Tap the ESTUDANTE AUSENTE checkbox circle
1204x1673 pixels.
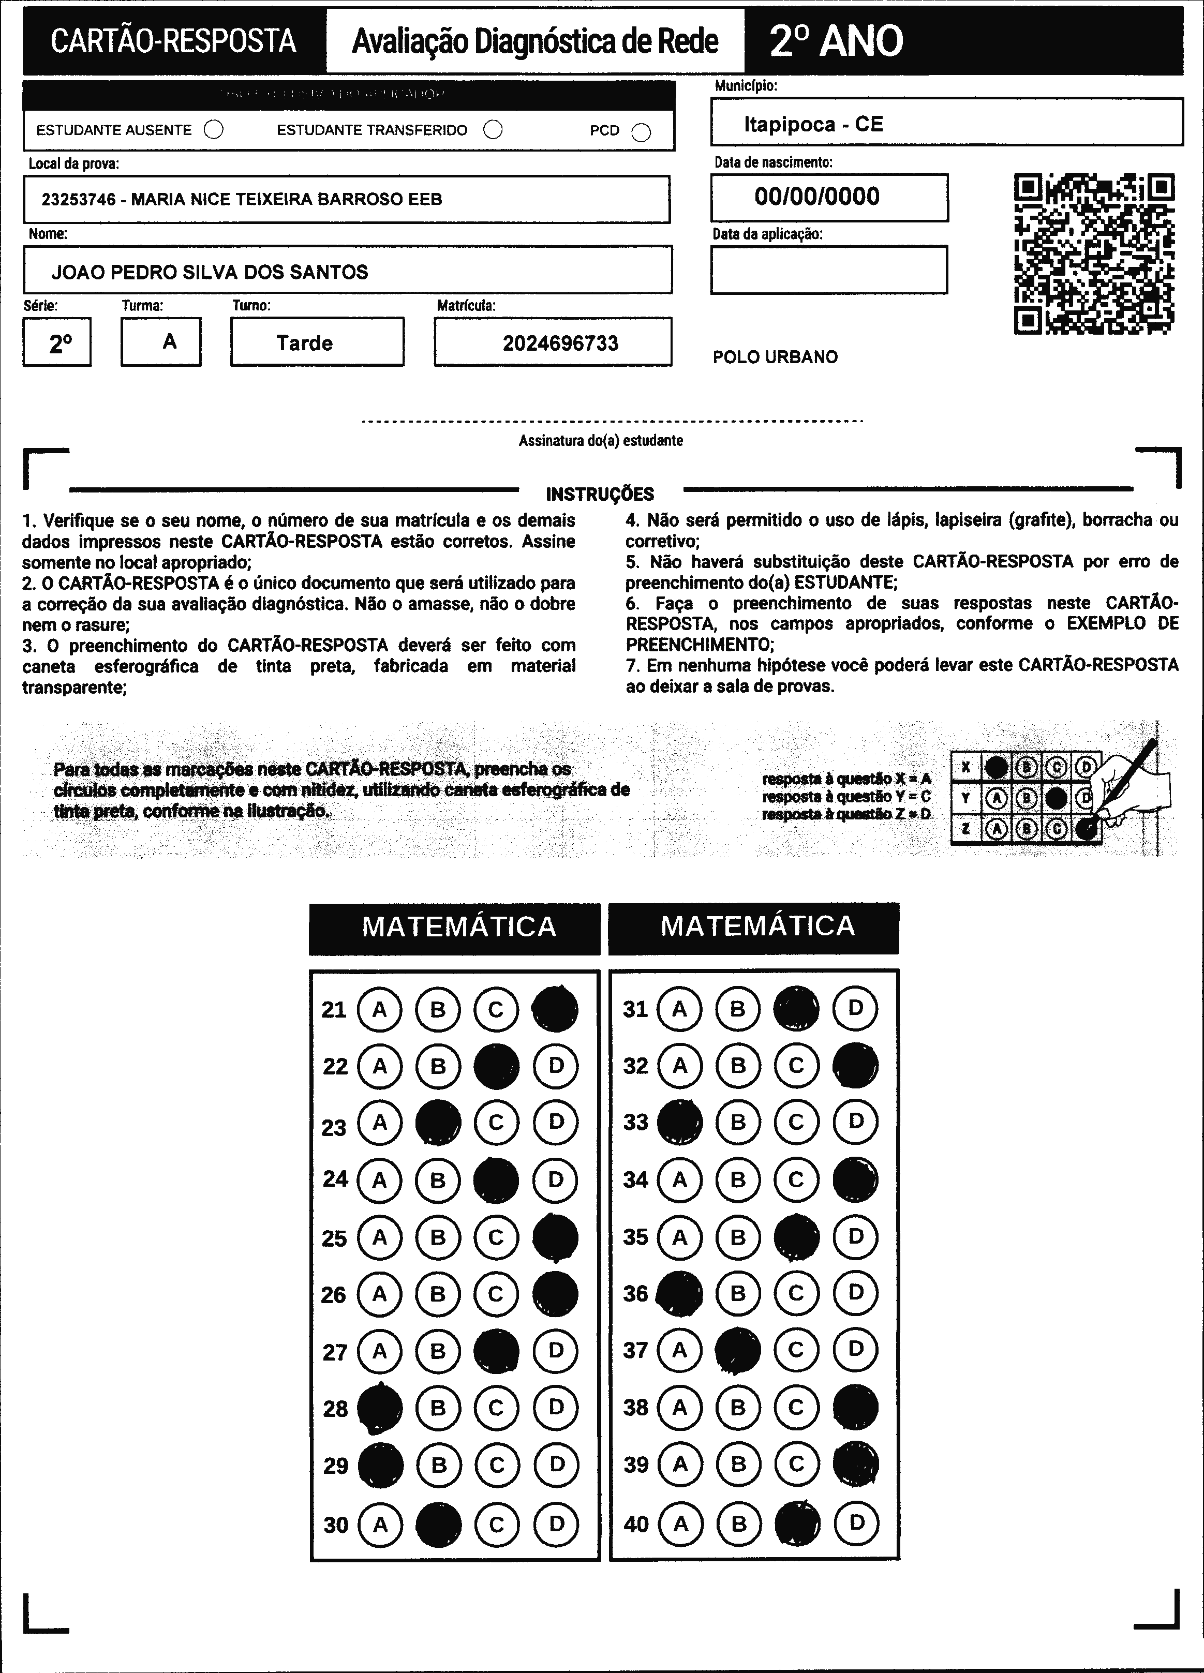click(x=214, y=130)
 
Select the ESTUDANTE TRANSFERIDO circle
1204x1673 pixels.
click(x=493, y=130)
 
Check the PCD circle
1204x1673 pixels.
click(x=642, y=132)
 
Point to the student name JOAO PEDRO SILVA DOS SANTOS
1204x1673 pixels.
click(x=210, y=272)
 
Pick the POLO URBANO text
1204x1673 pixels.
click(x=775, y=357)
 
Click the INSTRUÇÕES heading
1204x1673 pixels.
click(x=600, y=494)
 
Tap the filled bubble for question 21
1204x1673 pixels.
click(x=555, y=1009)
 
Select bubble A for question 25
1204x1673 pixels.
click(x=379, y=1237)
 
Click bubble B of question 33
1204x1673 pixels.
click(x=738, y=1122)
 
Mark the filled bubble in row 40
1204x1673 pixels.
click(x=797, y=1523)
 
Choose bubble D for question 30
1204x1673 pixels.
click(x=556, y=1524)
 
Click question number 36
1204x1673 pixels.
click(x=635, y=1294)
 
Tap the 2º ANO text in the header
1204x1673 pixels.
click(x=836, y=41)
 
